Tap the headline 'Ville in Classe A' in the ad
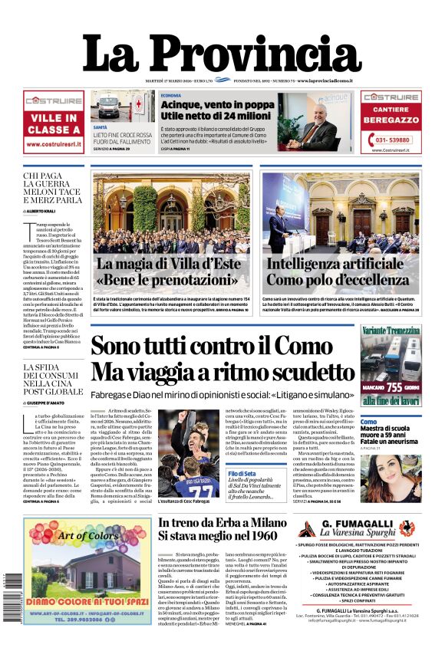(53, 124)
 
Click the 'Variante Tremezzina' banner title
(391, 330)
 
